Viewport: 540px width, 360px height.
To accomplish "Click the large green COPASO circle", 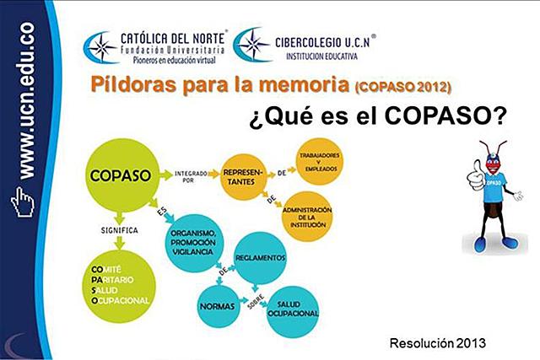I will (x=121, y=176).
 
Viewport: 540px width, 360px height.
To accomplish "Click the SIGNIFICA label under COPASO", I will (x=118, y=228).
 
